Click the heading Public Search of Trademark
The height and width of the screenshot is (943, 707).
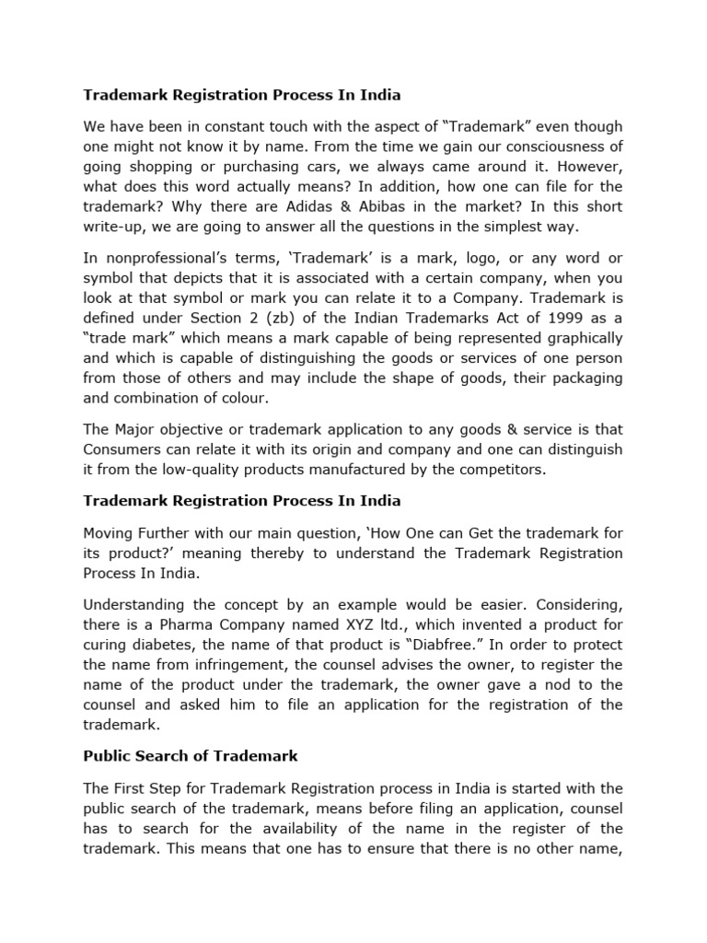pos(190,756)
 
